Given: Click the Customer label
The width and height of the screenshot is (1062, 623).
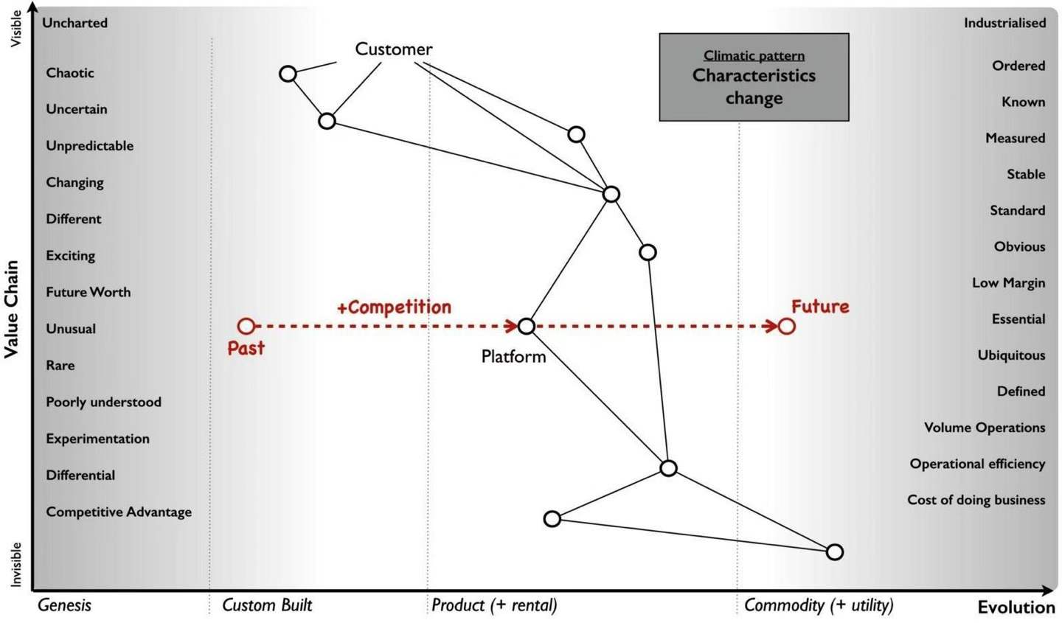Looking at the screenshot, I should (393, 49).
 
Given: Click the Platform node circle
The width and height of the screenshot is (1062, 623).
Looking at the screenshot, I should (526, 326).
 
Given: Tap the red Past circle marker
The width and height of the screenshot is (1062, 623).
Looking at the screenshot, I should (246, 326).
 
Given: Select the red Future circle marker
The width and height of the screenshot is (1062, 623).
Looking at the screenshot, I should (787, 326).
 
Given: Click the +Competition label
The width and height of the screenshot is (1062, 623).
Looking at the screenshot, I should (394, 307).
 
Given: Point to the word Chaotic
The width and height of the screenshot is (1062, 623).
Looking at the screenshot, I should (70, 73).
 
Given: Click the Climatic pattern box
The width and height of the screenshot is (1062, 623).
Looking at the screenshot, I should (754, 77).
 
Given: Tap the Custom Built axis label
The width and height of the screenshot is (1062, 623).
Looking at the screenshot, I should (267, 605).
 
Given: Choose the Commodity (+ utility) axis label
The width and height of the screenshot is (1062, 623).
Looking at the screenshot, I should (818, 605).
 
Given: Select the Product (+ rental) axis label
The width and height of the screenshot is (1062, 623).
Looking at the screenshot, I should (493, 605).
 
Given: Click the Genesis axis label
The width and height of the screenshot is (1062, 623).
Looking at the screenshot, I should (64, 605).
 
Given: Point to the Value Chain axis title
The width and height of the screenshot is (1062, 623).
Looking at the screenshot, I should (11, 309).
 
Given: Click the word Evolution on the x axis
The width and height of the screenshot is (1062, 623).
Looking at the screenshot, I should (1016, 607).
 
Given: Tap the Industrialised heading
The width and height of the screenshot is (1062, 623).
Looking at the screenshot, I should (1004, 23).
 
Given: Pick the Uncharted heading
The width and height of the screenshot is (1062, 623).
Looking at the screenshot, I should (74, 23).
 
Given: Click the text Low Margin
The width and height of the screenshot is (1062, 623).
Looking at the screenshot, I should (1008, 283).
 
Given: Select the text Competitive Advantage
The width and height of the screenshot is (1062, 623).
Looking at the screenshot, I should (119, 512).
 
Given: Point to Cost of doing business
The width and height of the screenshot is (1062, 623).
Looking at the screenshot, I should (976, 500).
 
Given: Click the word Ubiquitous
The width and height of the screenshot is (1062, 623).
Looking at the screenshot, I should (1011, 355).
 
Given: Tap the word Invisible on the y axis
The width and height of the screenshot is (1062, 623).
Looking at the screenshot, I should (16, 564).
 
